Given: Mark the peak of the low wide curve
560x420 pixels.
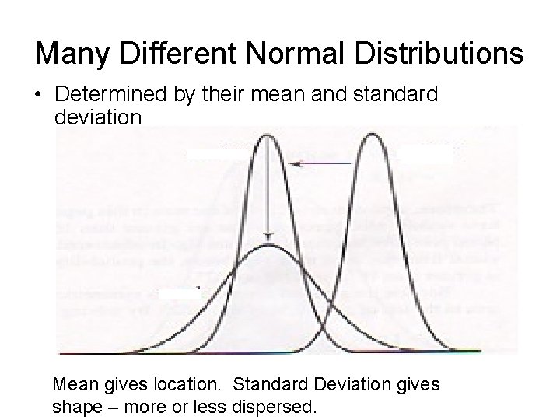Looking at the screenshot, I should [x=268, y=246].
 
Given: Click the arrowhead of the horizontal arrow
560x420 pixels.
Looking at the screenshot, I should [x=291, y=163].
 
